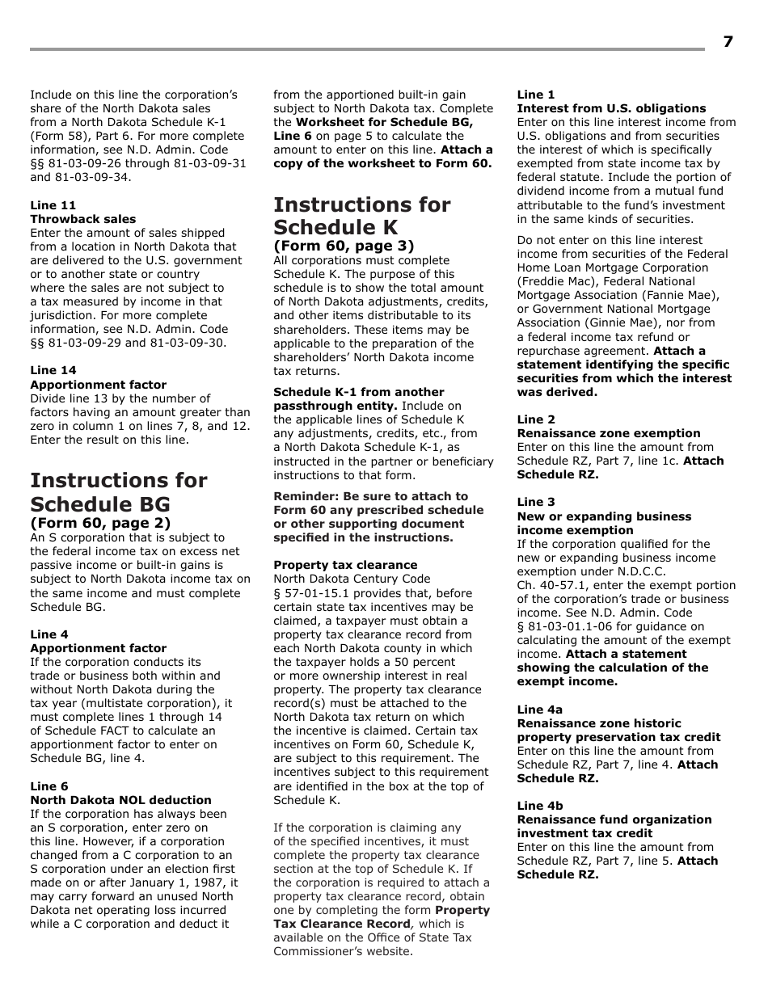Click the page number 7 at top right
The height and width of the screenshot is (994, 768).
[728, 41]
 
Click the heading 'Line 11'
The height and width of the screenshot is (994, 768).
[53, 205]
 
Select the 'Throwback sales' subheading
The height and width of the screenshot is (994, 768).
[83, 219]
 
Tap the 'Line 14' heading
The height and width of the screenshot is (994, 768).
[53, 371]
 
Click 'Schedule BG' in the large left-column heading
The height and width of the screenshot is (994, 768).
[100, 504]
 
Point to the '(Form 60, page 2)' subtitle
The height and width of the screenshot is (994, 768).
[100, 523]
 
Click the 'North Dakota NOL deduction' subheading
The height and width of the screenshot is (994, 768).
[120, 800]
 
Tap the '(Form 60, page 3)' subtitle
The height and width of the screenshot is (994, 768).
[344, 246]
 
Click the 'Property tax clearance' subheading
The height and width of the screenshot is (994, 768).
[345, 565]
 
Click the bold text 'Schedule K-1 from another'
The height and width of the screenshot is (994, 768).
[359, 392]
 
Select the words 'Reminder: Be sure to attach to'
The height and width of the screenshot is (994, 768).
[370, 496]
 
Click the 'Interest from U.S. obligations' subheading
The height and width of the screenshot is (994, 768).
[611, 108]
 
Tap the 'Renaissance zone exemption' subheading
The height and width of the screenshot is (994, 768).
[609, 433]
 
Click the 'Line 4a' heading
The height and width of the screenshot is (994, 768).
[540, 710]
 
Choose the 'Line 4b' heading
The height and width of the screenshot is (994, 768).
[540, 806]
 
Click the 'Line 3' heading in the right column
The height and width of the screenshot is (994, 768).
[536, 502]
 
